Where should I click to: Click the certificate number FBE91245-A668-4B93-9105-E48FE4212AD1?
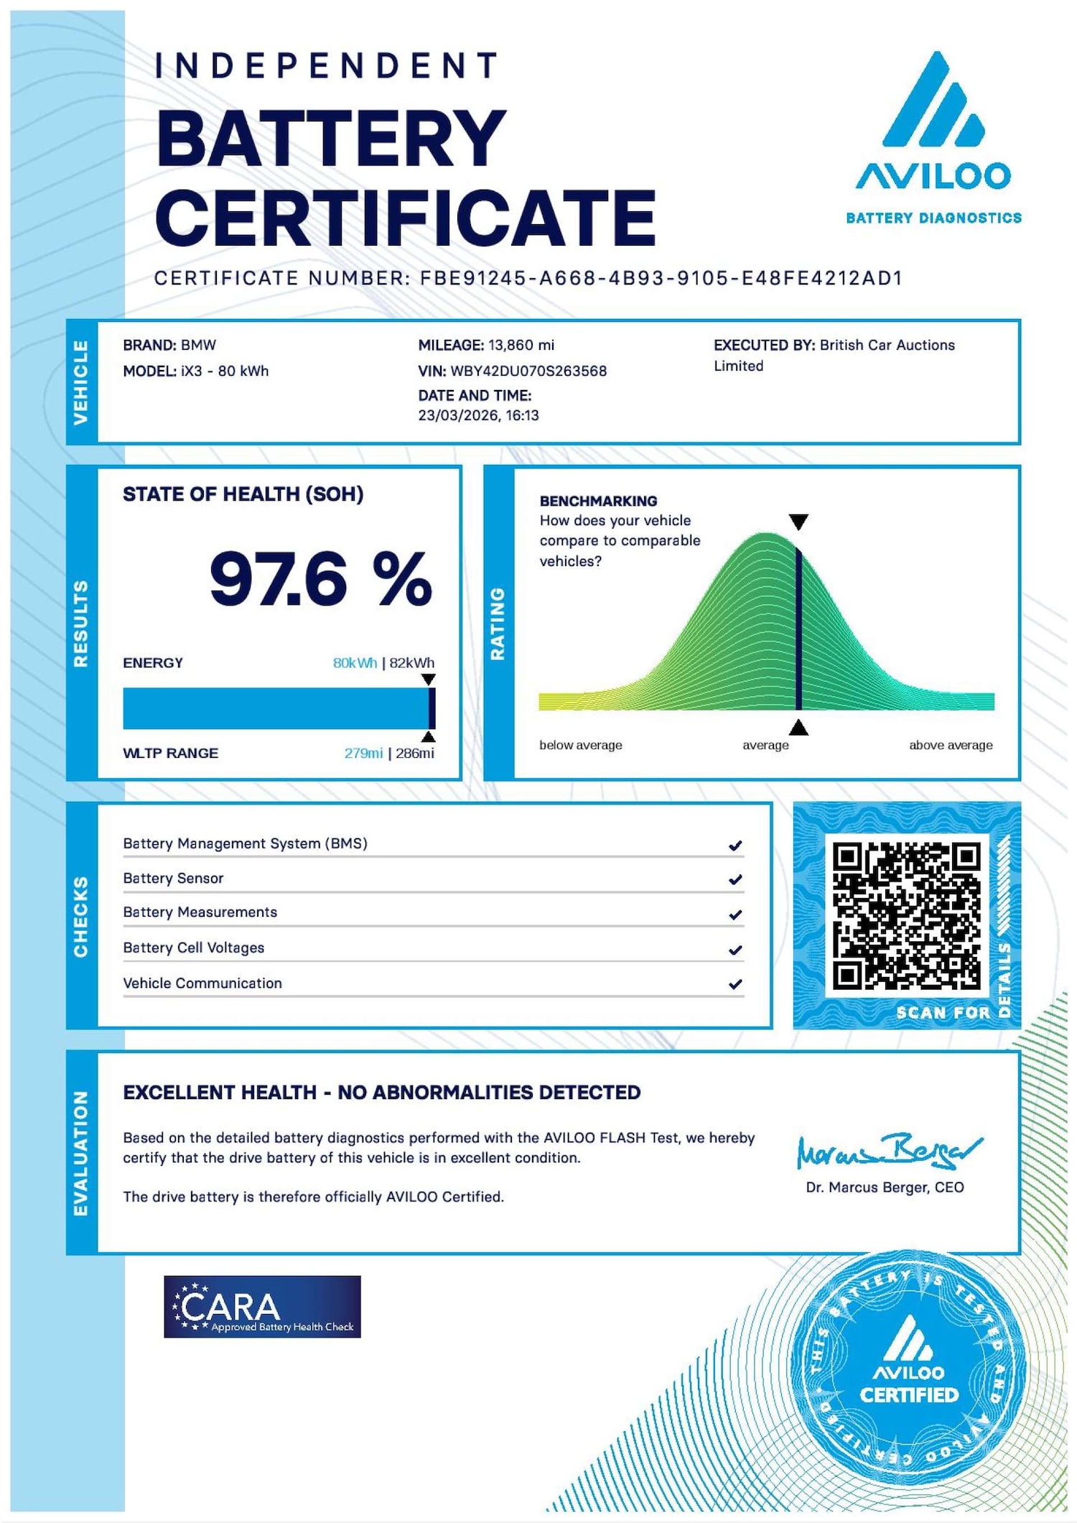661,278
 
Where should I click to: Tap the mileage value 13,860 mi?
521,345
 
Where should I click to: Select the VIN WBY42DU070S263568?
528,371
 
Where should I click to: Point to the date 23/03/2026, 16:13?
478,415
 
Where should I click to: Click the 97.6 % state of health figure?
320,579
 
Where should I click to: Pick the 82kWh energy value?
412,662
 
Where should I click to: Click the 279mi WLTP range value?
363,753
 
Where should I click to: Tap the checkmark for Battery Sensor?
735,879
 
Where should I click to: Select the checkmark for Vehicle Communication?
735,984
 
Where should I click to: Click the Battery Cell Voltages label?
194,948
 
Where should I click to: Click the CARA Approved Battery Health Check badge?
262,1306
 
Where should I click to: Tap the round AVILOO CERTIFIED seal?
908,1368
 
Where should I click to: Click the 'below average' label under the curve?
581,745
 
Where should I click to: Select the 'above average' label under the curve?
951,745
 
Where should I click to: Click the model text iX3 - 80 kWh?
225,371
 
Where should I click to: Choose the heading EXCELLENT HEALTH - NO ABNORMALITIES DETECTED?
381,1092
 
